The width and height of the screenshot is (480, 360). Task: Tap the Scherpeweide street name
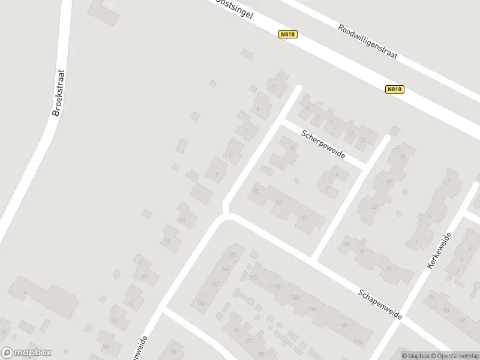[x=323, y=144]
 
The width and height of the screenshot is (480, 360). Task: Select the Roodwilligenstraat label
[x=367, y=42]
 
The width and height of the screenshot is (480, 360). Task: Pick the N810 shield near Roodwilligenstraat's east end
[x=394, y=89]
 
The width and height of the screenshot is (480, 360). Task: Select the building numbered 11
[x=275, y=86]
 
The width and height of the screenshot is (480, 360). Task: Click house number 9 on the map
[x=257, y=109]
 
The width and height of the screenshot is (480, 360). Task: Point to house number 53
[x=182, y=220]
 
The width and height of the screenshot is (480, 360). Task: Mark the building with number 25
[x=402, y=157]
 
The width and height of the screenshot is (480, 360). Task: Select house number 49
[x=144, y=277]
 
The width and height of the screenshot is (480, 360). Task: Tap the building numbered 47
[x=131, y=304]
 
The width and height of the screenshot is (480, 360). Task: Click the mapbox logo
[x=26, y=353]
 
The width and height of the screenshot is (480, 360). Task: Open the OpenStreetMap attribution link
[x=455, y=355]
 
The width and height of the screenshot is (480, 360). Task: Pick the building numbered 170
[x=232, y=256]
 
